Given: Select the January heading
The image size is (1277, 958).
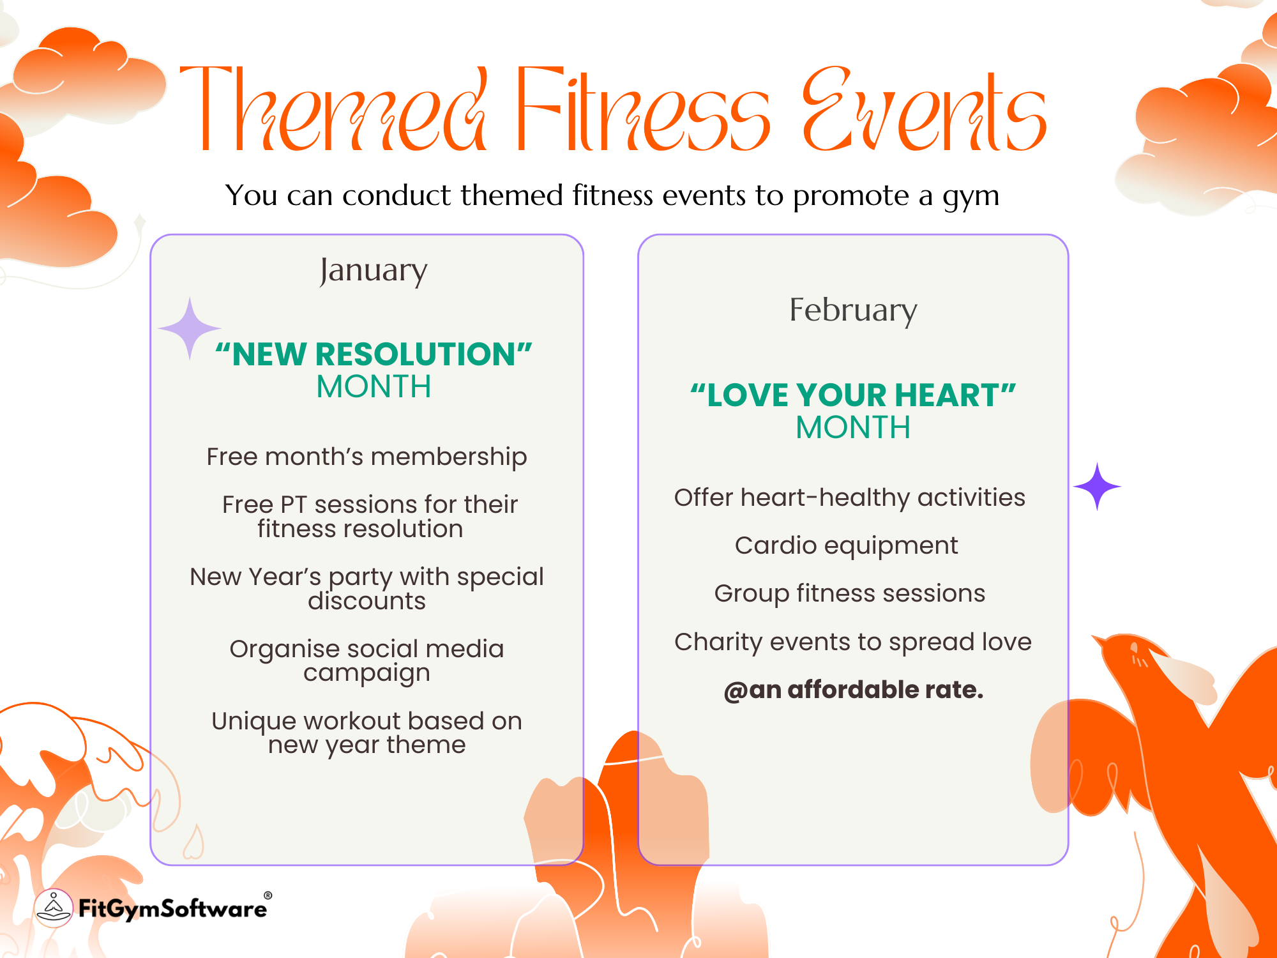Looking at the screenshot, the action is (x=374, y=271).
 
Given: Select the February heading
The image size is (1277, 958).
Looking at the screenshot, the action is (x=853, y=311).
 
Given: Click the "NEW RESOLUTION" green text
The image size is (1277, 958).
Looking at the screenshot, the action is (x=374, y=354).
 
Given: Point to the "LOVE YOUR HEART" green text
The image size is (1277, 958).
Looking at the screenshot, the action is (x=853, y=395).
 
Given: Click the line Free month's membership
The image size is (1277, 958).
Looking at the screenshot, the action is (x=366, y=457).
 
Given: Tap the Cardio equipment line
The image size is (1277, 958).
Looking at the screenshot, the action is (x=846, y=545).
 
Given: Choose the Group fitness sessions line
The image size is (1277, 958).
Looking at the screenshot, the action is (x=849, y=593).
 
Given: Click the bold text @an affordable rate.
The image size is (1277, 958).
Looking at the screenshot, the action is (x=854, y=690).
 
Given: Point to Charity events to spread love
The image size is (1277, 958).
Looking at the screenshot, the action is (x=853, y=642).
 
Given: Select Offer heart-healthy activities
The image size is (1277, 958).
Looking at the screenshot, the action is (x=850, y=498).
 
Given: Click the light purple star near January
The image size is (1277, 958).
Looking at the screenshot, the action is (x=190, y=328).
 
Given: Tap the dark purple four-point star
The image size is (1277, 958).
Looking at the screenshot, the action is (x=1097, y=487).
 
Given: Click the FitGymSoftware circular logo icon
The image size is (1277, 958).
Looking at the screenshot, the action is (x=54, y=908).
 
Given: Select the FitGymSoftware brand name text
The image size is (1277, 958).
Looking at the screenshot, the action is (x=172, y=908).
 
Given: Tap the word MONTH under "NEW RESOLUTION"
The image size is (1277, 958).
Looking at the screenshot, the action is (x=374, y=386).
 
